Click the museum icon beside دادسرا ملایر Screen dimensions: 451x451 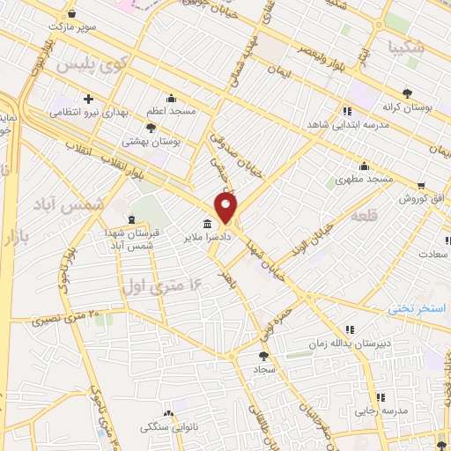click(x=207, y=223)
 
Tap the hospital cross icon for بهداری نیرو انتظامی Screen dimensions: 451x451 click(x=87, y=98)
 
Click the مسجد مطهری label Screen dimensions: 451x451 click(x=364, y=180)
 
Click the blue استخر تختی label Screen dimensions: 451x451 click(x=419, y=309)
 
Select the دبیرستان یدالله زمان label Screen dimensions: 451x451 click(x=350, y=344)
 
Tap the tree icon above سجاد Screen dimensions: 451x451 click(x=263, y=355)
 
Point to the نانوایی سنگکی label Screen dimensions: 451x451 click(x=170, y=427)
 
